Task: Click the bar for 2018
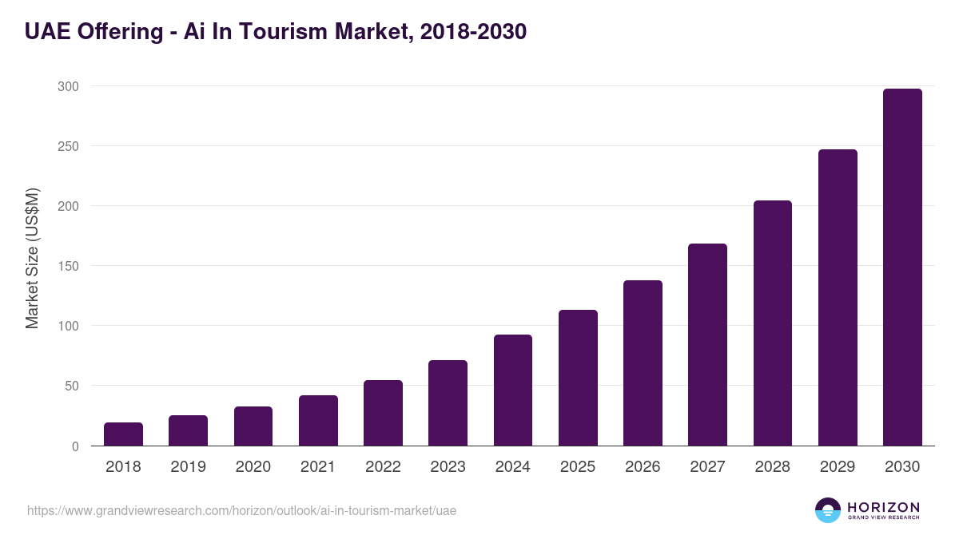pos(123,434)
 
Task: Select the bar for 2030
pos(902,268)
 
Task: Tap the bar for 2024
pos(513,390)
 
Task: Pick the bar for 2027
pos(707,345)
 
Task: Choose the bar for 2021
pos(318,421)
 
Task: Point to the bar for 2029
pos(838,298)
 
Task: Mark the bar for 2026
pos(643,363)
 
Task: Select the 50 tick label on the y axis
pos(71,386)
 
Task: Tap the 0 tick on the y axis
pos(75,446)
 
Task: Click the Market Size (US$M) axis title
pos(32,258)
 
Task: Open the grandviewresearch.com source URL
pos(241,510)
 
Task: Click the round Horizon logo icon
pos(828,510)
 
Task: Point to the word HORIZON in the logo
pos(882,506)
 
